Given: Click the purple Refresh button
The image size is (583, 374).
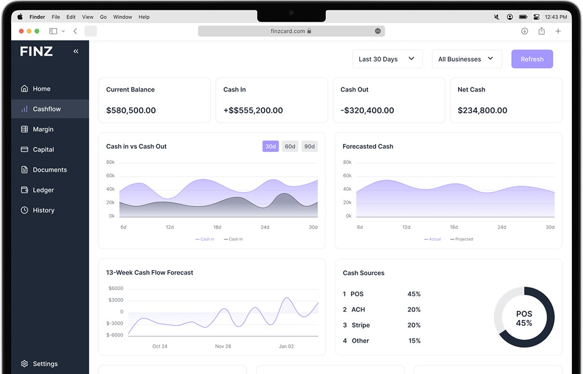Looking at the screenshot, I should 532,59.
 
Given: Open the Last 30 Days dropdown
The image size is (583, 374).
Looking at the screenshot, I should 387,59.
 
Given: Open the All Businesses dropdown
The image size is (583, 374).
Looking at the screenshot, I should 466,59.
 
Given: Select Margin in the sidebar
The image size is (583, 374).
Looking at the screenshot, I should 43,129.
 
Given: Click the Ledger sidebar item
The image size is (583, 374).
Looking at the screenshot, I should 43,190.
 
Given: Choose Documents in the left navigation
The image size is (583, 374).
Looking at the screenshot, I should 49,170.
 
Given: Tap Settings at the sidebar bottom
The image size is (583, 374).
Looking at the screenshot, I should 45,364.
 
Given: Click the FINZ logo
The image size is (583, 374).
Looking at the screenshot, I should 36,52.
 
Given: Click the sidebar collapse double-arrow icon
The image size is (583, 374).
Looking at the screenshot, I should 76,51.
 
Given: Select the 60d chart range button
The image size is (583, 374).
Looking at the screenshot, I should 290,146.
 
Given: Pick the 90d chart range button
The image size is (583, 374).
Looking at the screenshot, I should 309,146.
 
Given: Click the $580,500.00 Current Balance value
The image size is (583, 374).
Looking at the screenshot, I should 131,110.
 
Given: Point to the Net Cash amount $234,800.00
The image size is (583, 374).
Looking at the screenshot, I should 482,110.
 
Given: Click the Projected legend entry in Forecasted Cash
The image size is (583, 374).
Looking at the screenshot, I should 463,239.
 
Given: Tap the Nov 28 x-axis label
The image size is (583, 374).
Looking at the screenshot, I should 223,347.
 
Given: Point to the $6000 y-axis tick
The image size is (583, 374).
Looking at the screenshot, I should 115,288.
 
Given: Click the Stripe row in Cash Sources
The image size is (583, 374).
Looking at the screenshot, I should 360,325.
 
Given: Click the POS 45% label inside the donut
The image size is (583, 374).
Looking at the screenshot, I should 524,318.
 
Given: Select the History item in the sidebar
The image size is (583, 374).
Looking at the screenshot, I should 43,210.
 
